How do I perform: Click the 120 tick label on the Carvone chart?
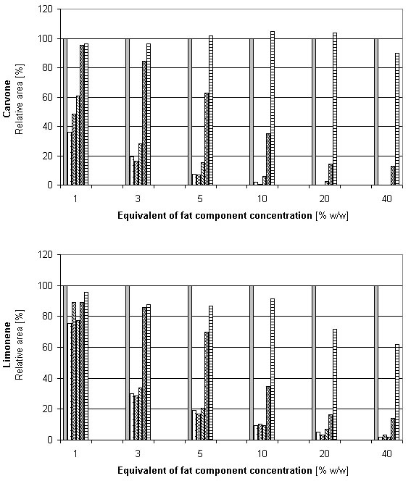click(x=45, y=9)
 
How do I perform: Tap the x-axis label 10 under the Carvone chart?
click(x=262, y=198)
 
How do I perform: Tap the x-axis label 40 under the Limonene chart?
click(x=386, y=453)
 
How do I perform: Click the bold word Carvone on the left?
click(x=7, y=99)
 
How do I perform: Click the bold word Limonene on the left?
click(x=7, y=345)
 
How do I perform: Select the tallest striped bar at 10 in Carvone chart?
click(x=273, y=108)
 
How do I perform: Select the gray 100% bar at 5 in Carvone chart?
click(x=190, y=112)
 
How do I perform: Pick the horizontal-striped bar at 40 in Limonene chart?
click(x=397, y=392)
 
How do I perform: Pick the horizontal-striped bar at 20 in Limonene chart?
click(x=335, y=385)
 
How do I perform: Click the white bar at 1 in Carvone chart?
click(x=70, y=159)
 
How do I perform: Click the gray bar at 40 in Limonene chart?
click(x=376, y=363)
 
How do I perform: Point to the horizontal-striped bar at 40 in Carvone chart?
click(x=397, y=119)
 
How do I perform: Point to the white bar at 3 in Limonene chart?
click(x=132, y=417)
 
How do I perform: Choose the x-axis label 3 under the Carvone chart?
click(x=138, y=198)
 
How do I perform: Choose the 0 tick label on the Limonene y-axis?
click(x=50, y=440)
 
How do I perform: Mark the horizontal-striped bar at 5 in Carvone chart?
click(x=210, y=110)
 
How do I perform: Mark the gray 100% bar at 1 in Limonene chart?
click(x=65, y=363)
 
